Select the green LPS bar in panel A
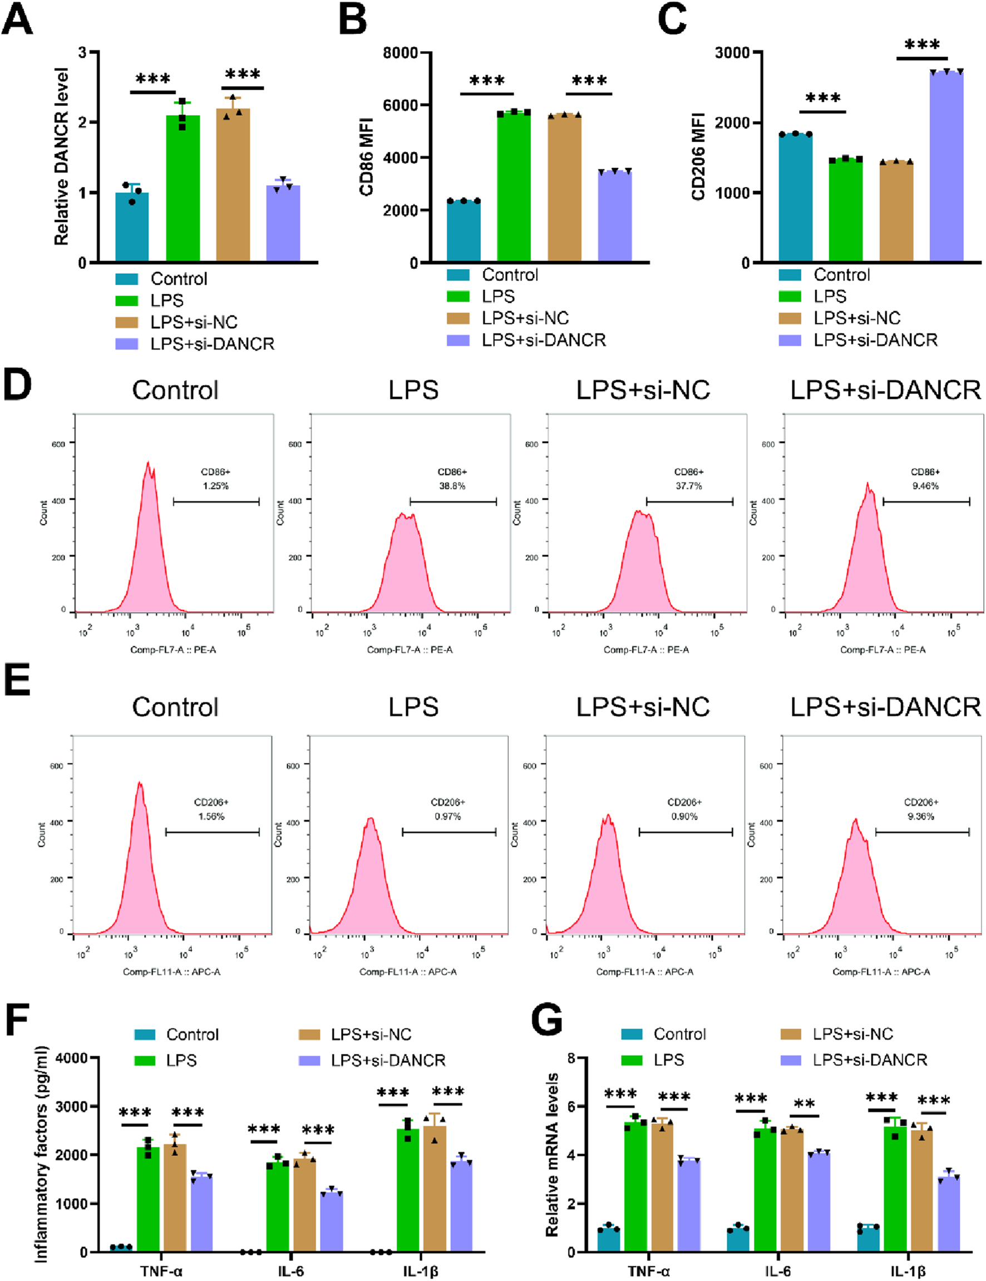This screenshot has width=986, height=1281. (183, 188)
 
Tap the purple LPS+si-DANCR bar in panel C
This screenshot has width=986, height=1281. (946, 167)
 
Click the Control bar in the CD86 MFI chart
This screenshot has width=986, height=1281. (464, 231)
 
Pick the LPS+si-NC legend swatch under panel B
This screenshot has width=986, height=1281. (458, 318)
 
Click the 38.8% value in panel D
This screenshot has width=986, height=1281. (452, 486)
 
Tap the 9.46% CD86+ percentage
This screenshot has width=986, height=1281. (925, 486)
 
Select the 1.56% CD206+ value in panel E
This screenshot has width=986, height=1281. (211, 816)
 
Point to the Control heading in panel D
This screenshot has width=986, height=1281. (175, 390)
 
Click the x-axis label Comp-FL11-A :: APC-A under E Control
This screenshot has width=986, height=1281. (171, 972)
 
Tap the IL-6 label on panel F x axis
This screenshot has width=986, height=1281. (291, 1271)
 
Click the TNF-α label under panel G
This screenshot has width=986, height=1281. (648, 1271)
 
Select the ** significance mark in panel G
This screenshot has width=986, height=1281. (804, 1103)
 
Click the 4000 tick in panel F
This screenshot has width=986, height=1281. (72, 1058)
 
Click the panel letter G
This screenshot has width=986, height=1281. (546, 1021)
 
